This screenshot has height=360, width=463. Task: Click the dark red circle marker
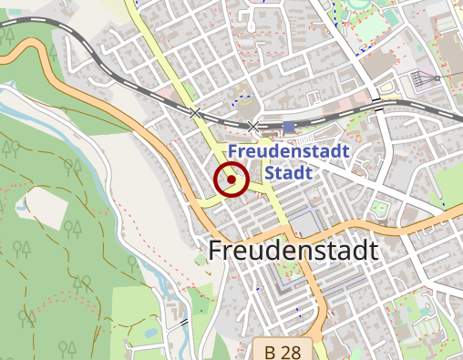tap(231, 180)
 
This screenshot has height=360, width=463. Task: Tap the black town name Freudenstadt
tap(293, 250)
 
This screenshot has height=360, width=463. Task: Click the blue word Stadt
tap(288, 172)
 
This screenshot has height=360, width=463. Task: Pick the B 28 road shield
tap(283, 350)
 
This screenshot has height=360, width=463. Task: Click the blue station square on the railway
tap(289, 127)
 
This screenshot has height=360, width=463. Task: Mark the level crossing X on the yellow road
tap(195, 113)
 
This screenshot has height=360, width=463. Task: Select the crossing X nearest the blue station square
tap(253, 126)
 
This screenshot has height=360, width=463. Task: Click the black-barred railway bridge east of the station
tap(376, 104)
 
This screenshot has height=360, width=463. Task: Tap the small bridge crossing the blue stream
tap(185, 323)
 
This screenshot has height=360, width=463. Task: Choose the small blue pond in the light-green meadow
tap(149, 333)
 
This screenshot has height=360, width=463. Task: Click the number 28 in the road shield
tap(291, 351)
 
